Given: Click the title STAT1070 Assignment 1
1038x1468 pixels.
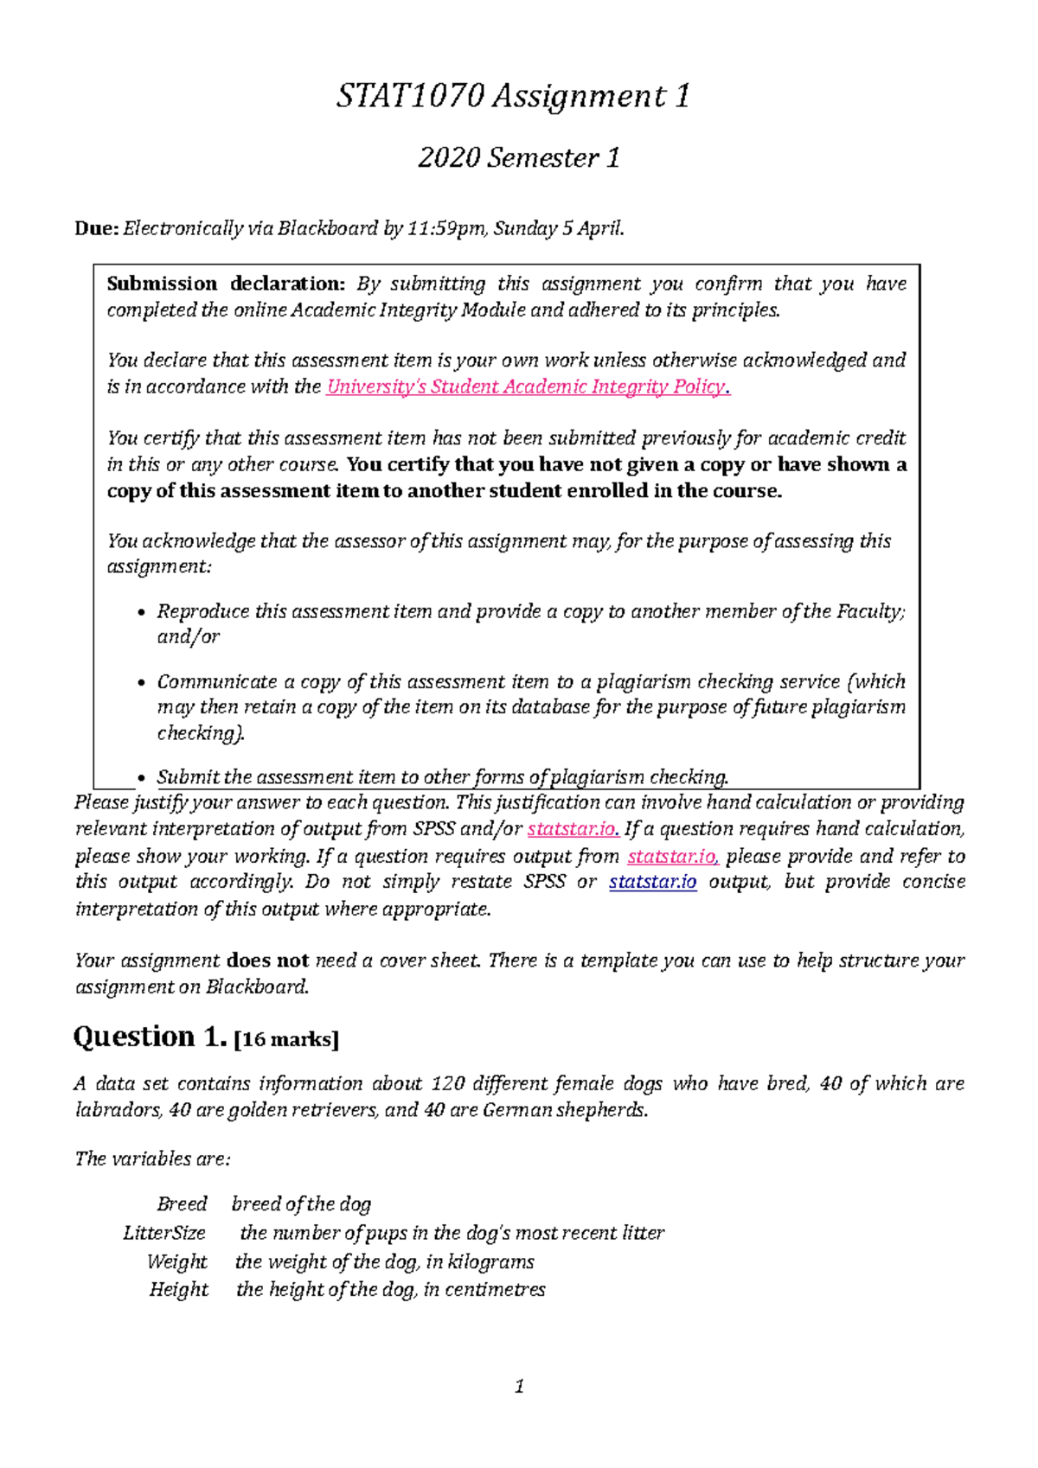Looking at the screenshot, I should point(514,96).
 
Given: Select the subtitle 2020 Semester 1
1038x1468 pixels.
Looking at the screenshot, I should point(519,158).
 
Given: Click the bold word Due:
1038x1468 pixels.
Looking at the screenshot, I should point(96,229).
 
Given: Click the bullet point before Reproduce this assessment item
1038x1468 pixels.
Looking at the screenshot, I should point(142,613).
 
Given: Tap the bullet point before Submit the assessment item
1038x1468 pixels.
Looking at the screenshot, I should point(142,778).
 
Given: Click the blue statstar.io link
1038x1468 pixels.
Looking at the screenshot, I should point(652,883).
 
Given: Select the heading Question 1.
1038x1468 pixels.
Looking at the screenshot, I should point(150,1037).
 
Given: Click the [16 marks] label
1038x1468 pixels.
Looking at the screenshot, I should point(287,1040).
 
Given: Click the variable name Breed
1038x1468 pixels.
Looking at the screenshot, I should point(182,1204).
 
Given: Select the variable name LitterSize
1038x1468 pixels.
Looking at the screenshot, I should point(164,1234).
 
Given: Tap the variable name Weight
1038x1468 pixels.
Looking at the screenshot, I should point(177,1262).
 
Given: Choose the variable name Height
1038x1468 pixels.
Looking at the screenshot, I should point(179,1290).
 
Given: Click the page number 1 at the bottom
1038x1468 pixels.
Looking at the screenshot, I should point(519,1388).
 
